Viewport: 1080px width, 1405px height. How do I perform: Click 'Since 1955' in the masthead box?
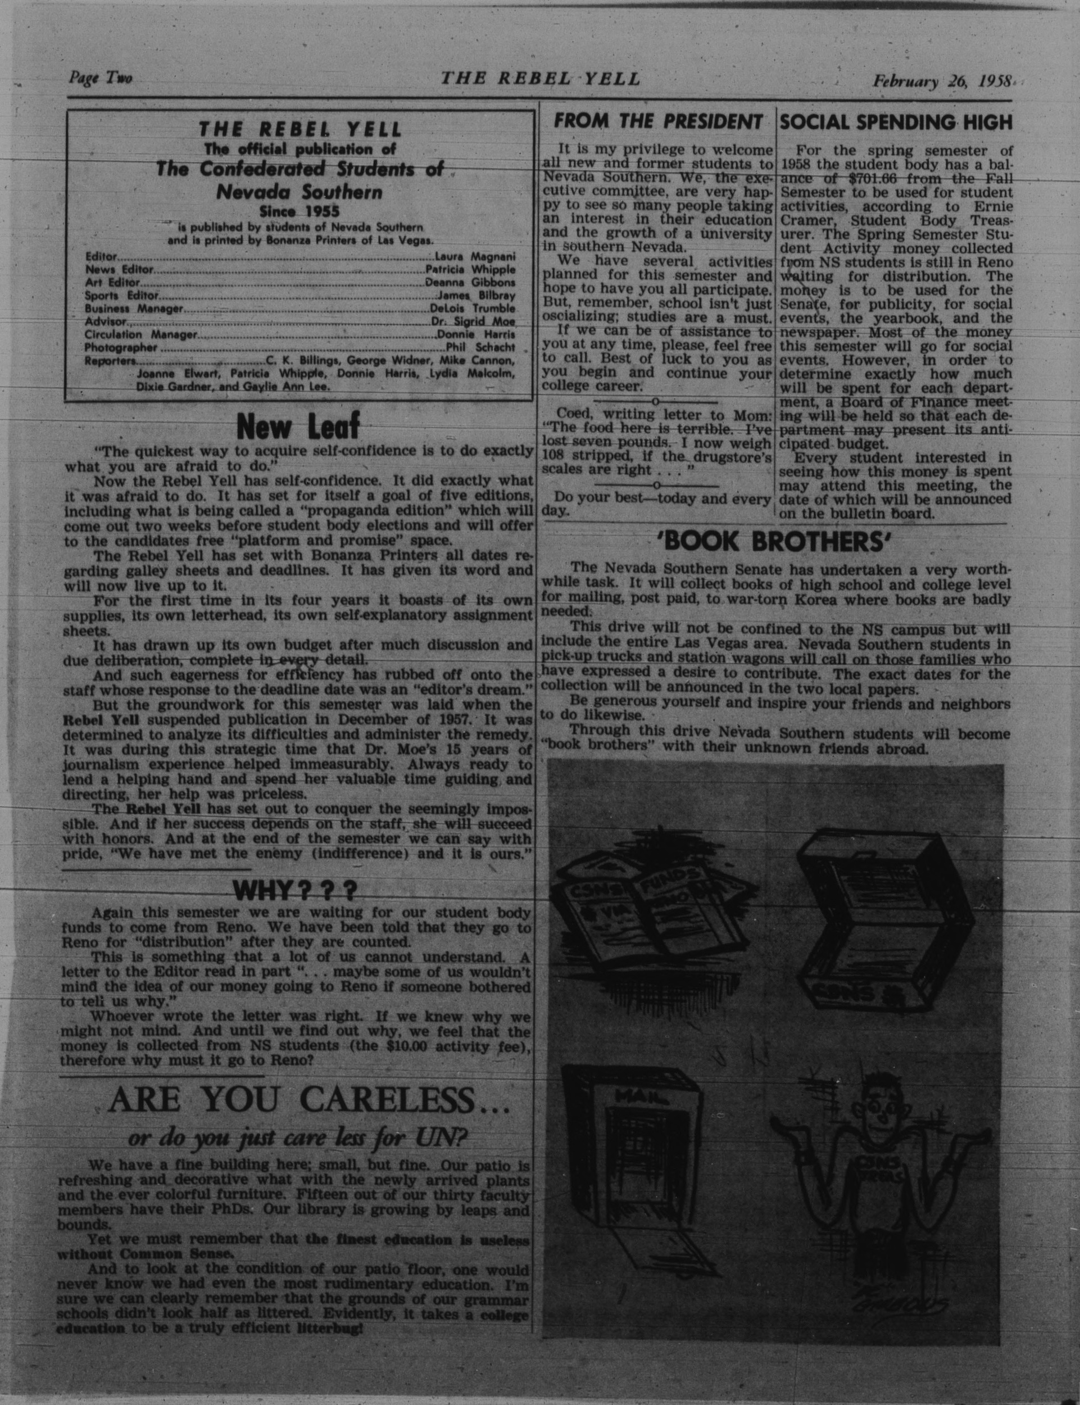299,211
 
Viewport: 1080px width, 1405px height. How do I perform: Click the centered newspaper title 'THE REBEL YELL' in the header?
540,79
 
